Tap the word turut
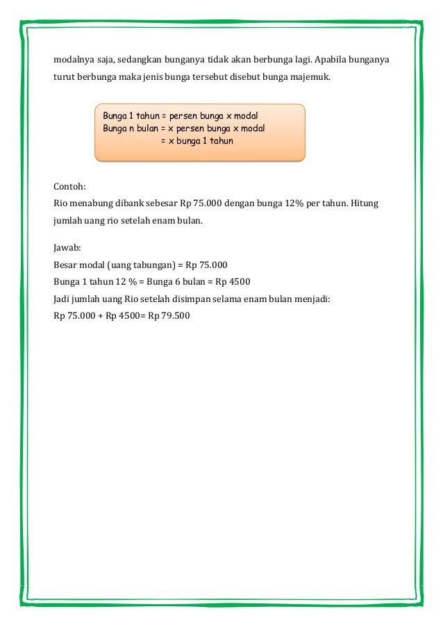[x=65, y=77]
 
